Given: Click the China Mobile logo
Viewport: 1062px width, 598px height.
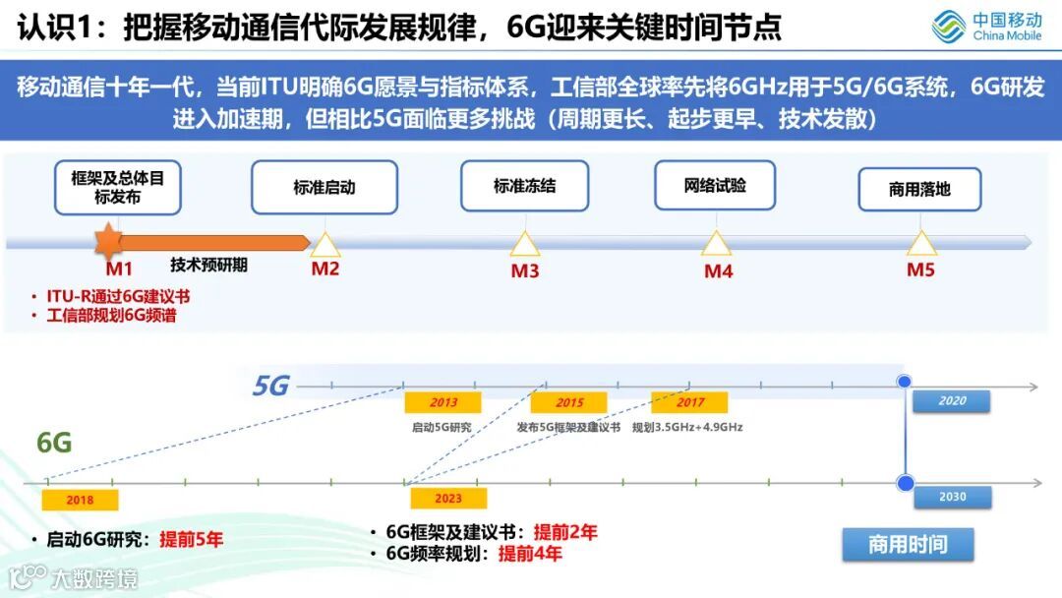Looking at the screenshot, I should tap(986, 27).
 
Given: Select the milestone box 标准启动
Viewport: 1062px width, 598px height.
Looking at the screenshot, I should tap(324, 187).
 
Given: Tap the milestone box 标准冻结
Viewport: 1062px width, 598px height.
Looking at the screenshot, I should tap(524, 186).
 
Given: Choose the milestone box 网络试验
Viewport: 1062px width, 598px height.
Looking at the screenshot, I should tap(715, 185).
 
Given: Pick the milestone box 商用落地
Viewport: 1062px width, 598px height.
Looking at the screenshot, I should tap(919, 189).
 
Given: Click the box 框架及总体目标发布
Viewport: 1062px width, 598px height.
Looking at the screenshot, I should tap(118, 188).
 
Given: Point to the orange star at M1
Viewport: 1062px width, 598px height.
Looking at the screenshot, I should tap(106, 241).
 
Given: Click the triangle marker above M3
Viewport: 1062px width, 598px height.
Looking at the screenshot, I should tap(524, 244).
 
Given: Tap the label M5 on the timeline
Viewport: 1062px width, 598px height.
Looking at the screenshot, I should tap(920, 269).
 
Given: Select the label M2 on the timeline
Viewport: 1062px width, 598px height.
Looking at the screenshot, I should tap(325, 269).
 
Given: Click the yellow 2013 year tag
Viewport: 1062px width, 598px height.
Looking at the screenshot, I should tap(443, 402).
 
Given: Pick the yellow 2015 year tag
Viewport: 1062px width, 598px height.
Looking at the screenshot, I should tap(568, 402).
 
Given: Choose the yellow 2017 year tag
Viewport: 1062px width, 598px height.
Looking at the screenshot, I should tap(689, 402).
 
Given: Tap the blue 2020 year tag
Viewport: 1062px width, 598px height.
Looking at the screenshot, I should tap(951, 401).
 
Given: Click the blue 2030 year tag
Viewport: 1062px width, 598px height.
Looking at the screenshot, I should tap(951, 498).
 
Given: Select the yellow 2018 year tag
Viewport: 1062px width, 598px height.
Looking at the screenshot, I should tap(80, 500).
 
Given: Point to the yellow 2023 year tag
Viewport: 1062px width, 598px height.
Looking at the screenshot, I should tap(447, 499).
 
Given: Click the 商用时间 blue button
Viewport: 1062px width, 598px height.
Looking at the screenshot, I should tap(908, 545).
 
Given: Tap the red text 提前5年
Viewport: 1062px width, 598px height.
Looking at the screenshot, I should tap(191, 539).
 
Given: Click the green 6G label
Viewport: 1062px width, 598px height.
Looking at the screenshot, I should tap(55, 443).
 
